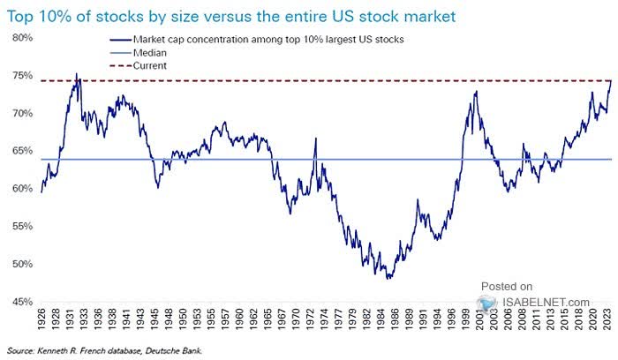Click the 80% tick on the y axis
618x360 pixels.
pos(21,38)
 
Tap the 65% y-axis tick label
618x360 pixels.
pos(21,151)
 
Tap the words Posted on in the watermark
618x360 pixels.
pos(507,286)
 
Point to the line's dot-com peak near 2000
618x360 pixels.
pos(476,91)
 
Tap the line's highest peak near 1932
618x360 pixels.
pos(77,74)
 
